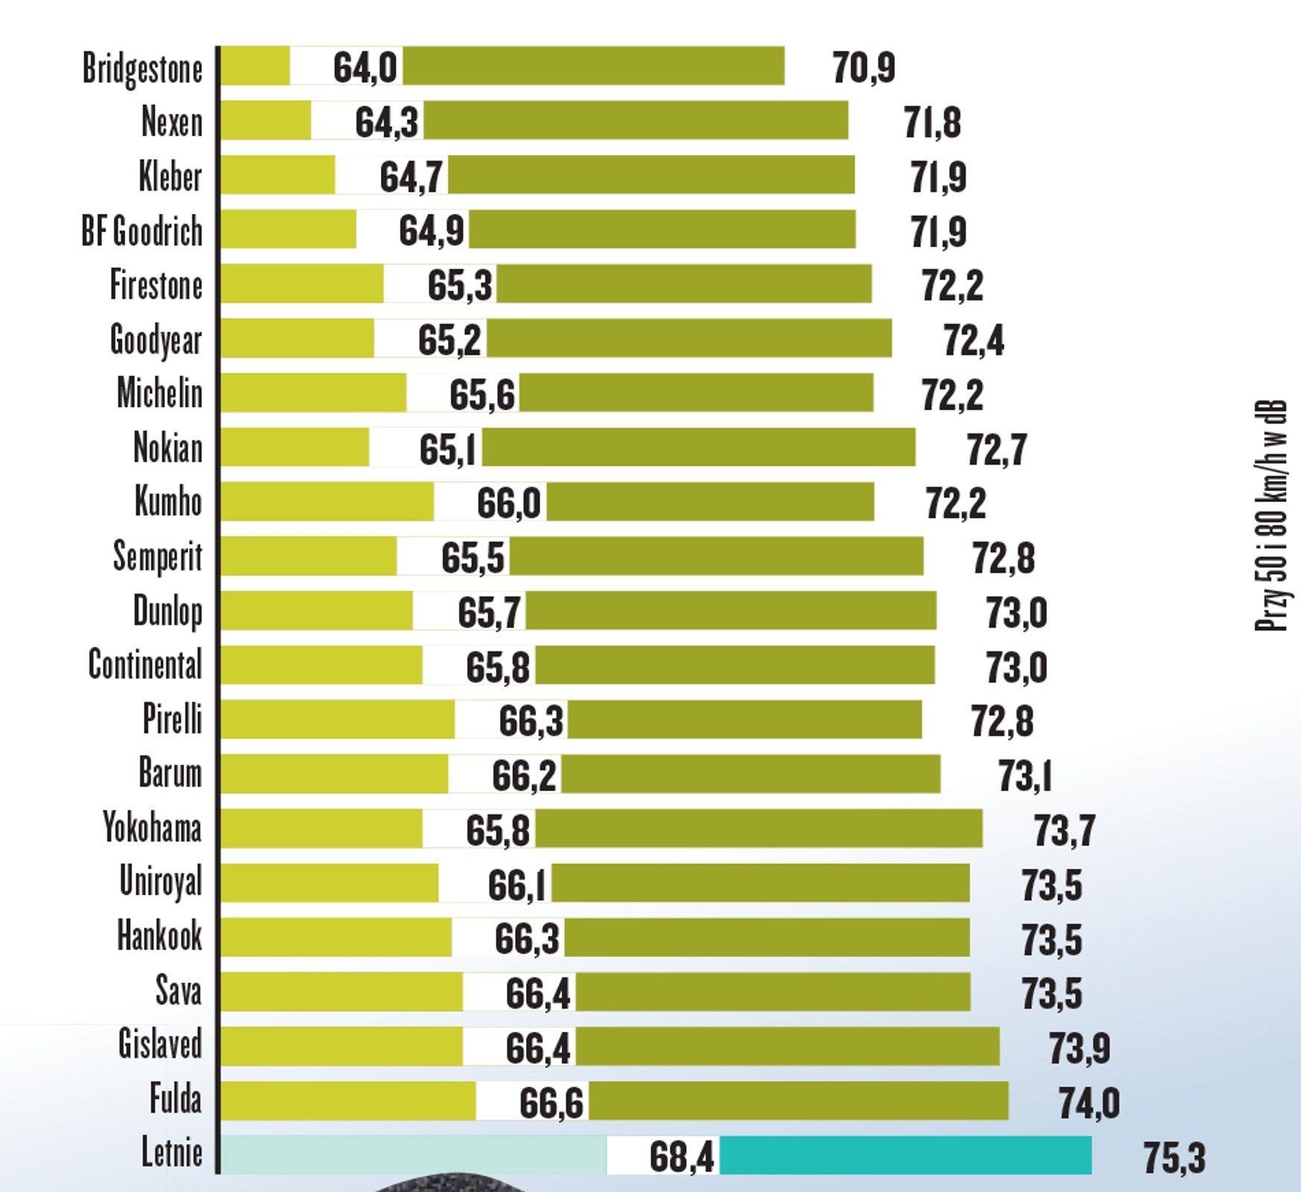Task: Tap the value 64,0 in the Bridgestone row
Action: (365, 67)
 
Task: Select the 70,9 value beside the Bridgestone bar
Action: (864, 68)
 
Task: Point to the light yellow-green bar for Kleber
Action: (278, 175)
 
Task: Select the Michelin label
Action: (159, 393)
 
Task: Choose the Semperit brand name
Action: (157, 557)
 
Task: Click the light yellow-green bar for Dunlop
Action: (317, 611)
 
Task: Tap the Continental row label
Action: (145, 665)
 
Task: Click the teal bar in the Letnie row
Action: (905, 1155)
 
